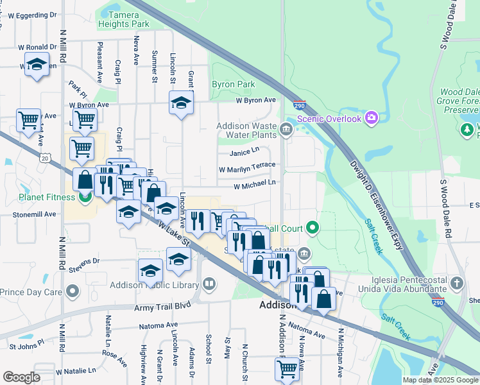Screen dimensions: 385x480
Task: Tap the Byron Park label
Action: click(234, 84)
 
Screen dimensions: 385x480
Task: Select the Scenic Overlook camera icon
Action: click(371, 117)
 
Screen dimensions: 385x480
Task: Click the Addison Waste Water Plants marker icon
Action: click(286, 130)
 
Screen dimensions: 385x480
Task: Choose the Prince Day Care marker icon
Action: click(73, 292)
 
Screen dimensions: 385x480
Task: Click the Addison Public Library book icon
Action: click(209, 283)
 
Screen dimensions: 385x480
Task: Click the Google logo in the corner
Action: click(22, 377)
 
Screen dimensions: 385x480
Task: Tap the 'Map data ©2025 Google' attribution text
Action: click(440, 380)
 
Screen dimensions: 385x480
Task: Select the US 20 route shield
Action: click(44, 157)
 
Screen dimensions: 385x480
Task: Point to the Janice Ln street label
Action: click(244, 152)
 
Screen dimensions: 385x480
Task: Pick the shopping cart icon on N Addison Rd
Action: click(286, 368)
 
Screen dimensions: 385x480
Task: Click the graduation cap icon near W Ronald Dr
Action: click(37, 65)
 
